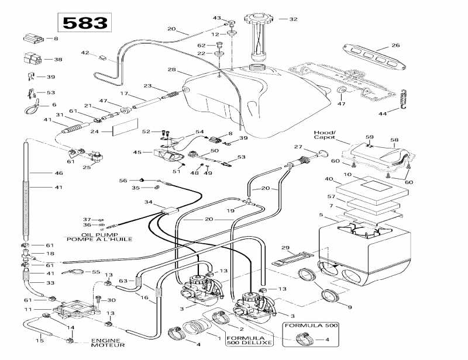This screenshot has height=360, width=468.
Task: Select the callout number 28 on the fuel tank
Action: click(171, 70)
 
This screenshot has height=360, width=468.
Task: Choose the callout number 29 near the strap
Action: click(285, 248)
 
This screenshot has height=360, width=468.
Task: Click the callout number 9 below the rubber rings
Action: click(350, 307)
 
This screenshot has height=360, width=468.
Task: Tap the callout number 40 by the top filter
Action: click(329, 179)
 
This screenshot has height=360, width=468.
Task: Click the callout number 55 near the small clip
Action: click(96, 272)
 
